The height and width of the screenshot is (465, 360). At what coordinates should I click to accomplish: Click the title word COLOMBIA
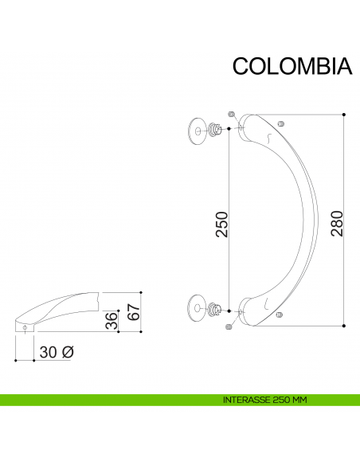(x=292, y=66)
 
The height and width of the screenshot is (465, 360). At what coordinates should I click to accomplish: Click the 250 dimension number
(x=222, y=224)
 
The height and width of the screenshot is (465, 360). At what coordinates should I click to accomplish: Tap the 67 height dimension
(x=133, y=311)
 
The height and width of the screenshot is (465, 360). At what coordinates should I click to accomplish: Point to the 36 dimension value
(x=112, y=321)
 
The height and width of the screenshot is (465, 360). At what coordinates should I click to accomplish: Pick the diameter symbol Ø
(x=68, y=351)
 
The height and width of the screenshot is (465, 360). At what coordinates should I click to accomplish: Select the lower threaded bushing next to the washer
(x=214, y=308)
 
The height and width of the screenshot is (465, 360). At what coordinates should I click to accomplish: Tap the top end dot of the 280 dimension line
(x=343, y=115)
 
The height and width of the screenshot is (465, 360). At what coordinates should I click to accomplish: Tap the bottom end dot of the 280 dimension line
(x=343, y=326)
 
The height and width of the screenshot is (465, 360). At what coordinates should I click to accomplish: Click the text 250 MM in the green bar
(x=290, y=400)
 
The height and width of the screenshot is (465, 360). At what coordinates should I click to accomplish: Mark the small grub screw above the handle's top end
(x=231, y=113)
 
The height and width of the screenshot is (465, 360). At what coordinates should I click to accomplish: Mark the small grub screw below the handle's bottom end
(x=230, y=326)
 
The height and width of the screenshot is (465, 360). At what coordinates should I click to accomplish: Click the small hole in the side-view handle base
(x=25, y=327)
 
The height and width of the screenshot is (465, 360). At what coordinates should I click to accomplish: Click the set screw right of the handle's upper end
(x=280, y=123)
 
